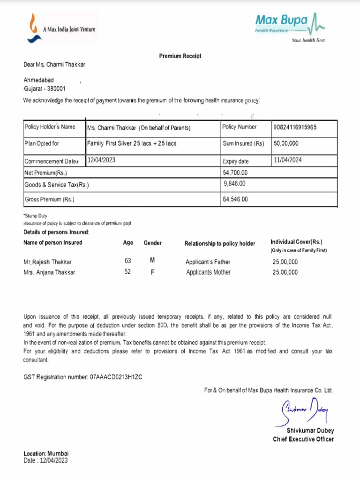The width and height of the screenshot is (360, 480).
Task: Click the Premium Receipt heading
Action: (x=180, y=56)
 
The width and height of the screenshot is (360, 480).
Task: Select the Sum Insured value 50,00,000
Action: (x=286, y=143)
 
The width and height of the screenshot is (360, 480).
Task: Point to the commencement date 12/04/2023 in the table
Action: (x=102, y=160)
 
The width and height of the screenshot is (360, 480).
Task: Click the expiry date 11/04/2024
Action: (x=288, y=160)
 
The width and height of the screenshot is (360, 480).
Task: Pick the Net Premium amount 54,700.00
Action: (x=235, y=172)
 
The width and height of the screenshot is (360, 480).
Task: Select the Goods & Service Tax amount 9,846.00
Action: (x=235, y=184)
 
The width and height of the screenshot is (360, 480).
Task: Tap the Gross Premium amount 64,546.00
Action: (x=235, y=199)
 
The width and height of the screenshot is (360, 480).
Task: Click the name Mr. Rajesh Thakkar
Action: (x=47, y=262)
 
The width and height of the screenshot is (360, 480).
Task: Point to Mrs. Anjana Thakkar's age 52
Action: (x=127, y=272)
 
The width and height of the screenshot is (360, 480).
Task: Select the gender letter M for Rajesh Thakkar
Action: (x=152, y=261)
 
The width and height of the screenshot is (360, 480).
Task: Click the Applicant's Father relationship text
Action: (x=208, y=262)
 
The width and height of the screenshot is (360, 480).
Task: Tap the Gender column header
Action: (x=152, y=243)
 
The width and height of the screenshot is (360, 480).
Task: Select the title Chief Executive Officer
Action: (x=303, y=439)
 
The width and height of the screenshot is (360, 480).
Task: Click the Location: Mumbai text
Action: (x=46, y=454)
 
